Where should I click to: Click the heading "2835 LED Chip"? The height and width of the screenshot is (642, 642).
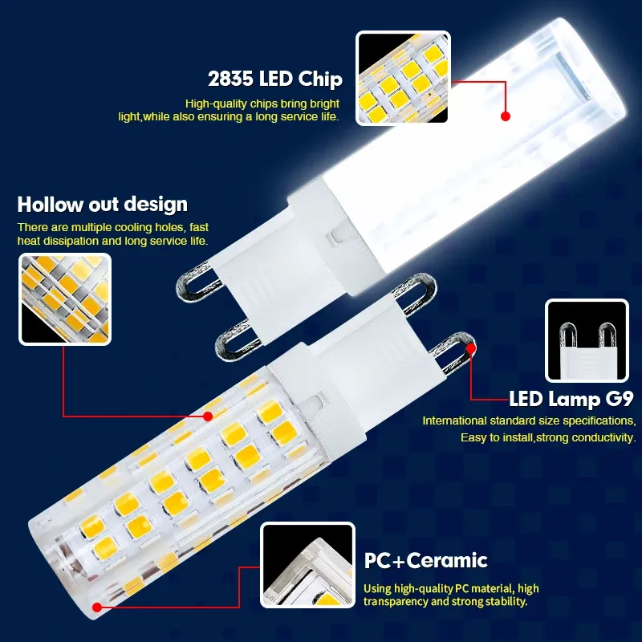(275, 79)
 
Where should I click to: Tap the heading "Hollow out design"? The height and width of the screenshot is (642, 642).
(103, 204)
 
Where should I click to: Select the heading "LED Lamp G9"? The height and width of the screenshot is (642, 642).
(571, 399)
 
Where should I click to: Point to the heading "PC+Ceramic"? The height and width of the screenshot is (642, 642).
(426, 560)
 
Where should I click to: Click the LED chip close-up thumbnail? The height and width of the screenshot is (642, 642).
(404, 78)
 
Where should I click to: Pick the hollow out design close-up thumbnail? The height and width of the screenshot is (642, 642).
(65, 299)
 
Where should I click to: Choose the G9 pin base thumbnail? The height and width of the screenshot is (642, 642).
(587, 340)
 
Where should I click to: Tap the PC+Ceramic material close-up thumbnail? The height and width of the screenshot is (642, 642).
(307, 565)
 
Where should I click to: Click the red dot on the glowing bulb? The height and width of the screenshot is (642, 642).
(506, 116)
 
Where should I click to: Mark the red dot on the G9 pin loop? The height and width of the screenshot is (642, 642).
(471, 348)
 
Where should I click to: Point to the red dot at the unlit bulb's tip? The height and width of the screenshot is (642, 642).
(97, 607)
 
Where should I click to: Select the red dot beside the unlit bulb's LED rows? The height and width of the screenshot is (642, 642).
(208, 416)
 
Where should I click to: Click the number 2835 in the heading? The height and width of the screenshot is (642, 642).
(230, 79)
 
